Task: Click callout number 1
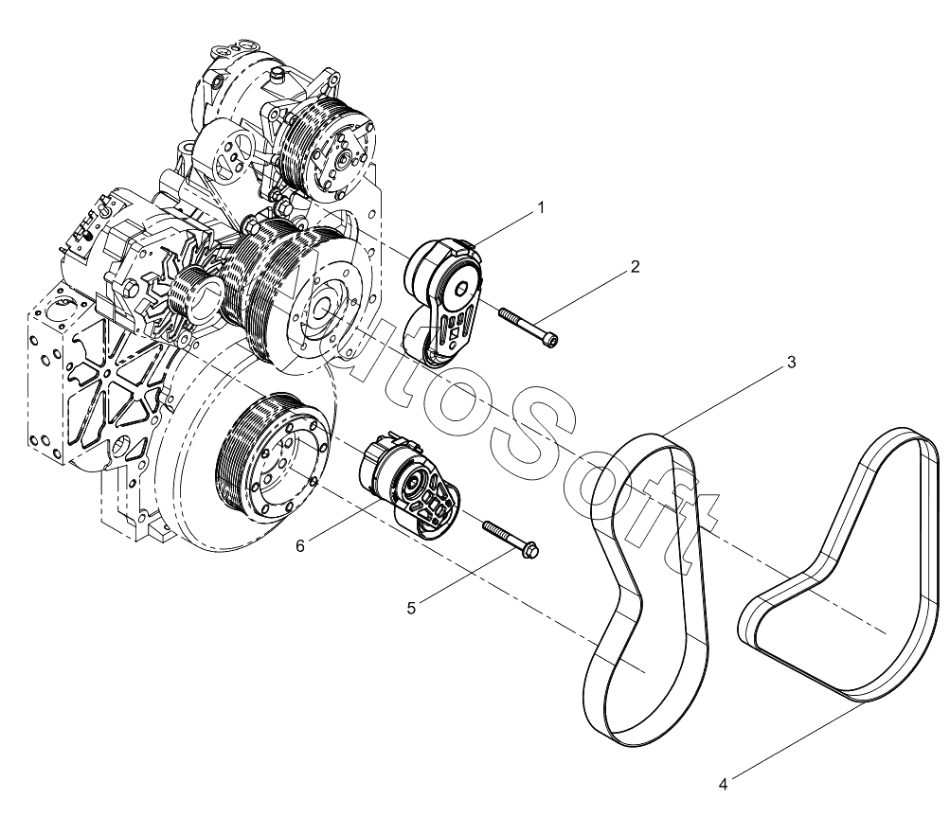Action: [541, 207]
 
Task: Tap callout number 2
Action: [635, 266]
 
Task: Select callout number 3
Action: [791, 363]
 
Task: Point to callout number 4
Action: [723, 784]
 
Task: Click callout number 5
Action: [411, 608]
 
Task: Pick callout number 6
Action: [300, 545]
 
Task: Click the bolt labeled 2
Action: [528, 328]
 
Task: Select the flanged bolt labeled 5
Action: [511, 538]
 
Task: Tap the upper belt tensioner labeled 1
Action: [444, 301]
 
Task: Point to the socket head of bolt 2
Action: [551, 342]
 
